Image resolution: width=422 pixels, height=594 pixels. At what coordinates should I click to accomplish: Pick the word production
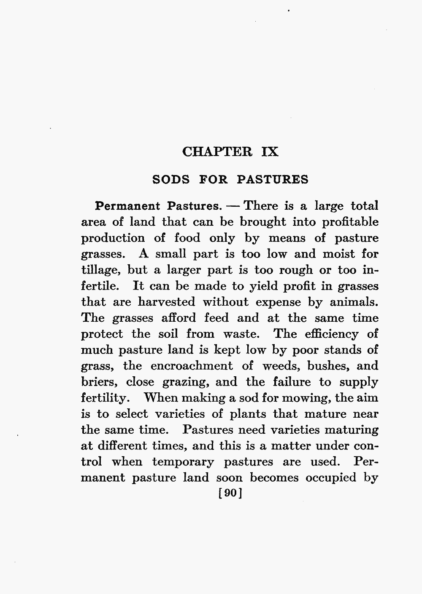point(113,238)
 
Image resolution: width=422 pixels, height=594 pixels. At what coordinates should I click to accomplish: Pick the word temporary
point(183,462)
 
